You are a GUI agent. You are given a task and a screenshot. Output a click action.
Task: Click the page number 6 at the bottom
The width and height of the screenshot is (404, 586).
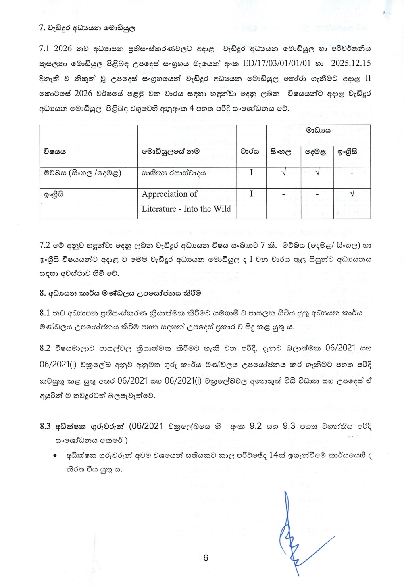(x=206, y=558)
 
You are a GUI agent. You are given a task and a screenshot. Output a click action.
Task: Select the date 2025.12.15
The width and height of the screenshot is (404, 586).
(x=350, y=63)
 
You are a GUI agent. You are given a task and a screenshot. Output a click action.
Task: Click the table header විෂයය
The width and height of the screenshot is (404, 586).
(x=55, y=152)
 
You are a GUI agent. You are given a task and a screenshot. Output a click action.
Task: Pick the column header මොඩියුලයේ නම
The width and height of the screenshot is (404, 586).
(x=170, y=152)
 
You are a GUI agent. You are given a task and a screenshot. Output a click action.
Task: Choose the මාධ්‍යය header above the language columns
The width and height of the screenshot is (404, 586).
(x=318, y=130)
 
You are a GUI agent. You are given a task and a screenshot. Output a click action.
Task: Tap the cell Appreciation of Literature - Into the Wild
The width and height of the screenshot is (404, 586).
(x=186, y=201)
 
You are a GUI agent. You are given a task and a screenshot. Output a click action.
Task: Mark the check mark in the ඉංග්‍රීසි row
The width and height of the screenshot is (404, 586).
(x=352, y=194)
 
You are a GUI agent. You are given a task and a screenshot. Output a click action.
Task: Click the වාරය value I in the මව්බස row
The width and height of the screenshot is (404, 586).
(x=251, y=173)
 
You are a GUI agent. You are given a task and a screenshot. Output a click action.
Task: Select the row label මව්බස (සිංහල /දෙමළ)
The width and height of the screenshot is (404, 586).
(x=83, y=173)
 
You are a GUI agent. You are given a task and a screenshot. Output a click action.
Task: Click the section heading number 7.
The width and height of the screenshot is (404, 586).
(x=41, y=28)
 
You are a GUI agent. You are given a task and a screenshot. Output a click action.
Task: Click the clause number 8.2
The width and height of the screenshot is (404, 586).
(x=45, y=348)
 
